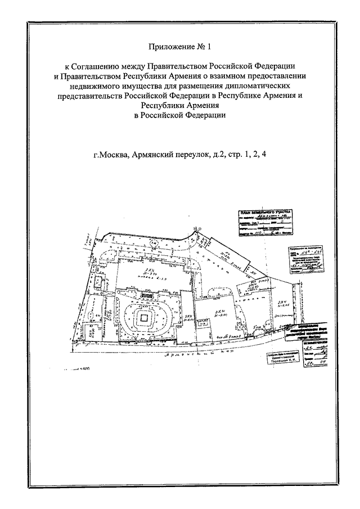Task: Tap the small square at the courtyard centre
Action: pos(144,319)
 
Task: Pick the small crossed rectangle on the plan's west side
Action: pos(97,281)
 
